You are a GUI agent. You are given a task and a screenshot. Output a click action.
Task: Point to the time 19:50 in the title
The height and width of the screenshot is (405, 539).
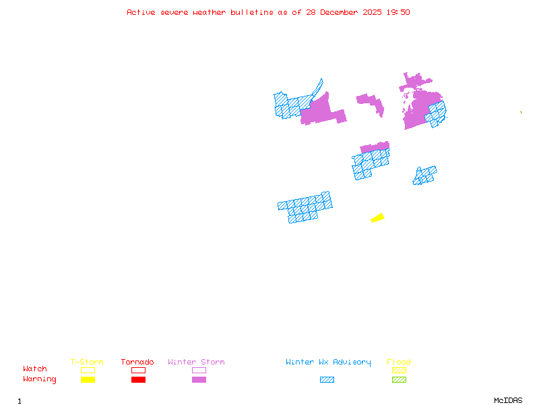(400, 12)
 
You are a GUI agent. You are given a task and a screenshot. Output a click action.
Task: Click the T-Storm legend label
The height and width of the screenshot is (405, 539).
(87, 362)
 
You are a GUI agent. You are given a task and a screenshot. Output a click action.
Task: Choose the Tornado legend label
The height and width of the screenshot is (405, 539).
(137, 362)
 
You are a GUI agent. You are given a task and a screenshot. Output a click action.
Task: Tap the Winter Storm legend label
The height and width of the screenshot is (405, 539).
(196, 362)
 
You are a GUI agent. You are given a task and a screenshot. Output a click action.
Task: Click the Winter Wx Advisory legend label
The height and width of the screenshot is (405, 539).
(328, 362)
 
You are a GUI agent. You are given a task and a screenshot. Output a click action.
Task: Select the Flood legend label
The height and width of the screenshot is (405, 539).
(399, 362)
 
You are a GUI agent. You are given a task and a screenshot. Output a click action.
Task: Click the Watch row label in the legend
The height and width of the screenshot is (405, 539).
(35, 369)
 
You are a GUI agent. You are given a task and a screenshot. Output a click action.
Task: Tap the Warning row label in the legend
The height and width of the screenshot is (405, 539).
(40, 379)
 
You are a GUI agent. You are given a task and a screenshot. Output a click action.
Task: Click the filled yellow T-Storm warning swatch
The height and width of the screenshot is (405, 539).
(88, 380)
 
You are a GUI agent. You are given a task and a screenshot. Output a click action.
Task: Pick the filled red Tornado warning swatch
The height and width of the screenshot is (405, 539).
(138, 380)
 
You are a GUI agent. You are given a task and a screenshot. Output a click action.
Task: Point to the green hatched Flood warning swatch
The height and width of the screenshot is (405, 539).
(400, 380)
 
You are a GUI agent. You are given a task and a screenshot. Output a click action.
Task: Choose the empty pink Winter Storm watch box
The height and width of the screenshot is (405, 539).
(199, 370)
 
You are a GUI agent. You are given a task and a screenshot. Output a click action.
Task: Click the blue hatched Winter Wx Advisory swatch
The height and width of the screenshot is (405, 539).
(327, 380)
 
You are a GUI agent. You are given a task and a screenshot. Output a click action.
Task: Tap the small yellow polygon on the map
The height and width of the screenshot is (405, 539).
(377, 217)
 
